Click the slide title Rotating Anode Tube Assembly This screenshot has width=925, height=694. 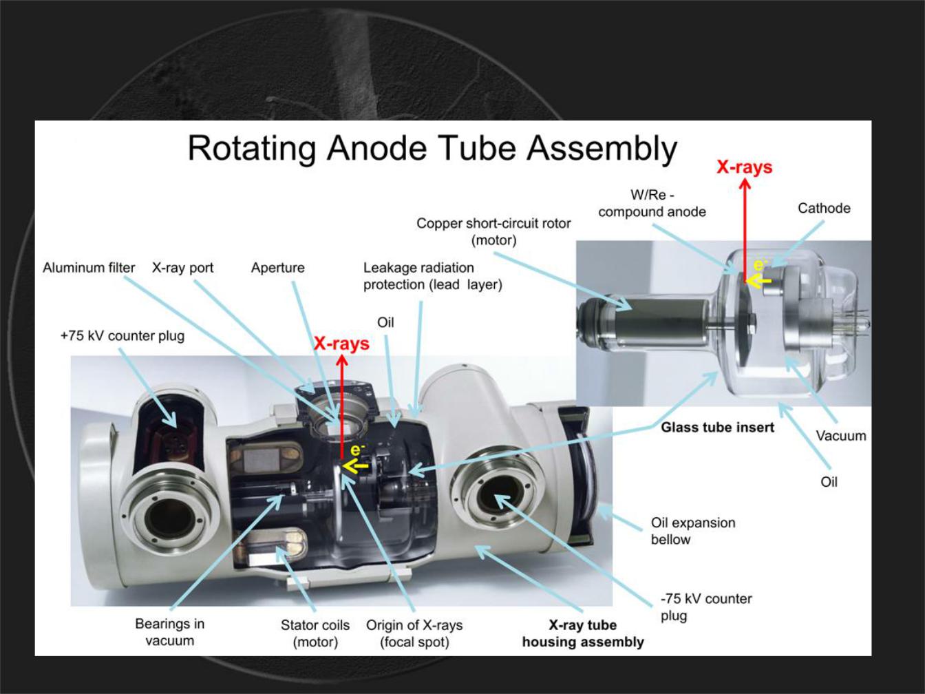click(432, 148)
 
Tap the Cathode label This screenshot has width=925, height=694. click(824, 208)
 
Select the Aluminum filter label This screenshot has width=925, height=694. click(89, 267)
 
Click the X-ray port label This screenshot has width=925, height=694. click(182, 267)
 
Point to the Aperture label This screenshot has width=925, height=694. click(277, 267)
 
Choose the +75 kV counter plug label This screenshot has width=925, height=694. click(123, 335)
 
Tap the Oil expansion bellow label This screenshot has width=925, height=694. click(692, 531)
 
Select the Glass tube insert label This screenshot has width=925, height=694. click(717, 428)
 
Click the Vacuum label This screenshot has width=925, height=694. click(840, 435)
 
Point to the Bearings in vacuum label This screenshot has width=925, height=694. click(169, 632)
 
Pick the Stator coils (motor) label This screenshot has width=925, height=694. click(315, 633)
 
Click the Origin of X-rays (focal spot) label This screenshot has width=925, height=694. click(414, 633)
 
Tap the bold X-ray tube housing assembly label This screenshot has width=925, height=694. click(583, 633)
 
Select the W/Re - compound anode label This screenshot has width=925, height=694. click(652, 204)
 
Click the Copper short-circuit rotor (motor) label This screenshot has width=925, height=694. click(493, 231)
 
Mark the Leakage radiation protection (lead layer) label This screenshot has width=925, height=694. click(432, 275)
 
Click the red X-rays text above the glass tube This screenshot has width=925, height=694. click(744, 167)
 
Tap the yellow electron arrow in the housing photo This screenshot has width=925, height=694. click(355, 467)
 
